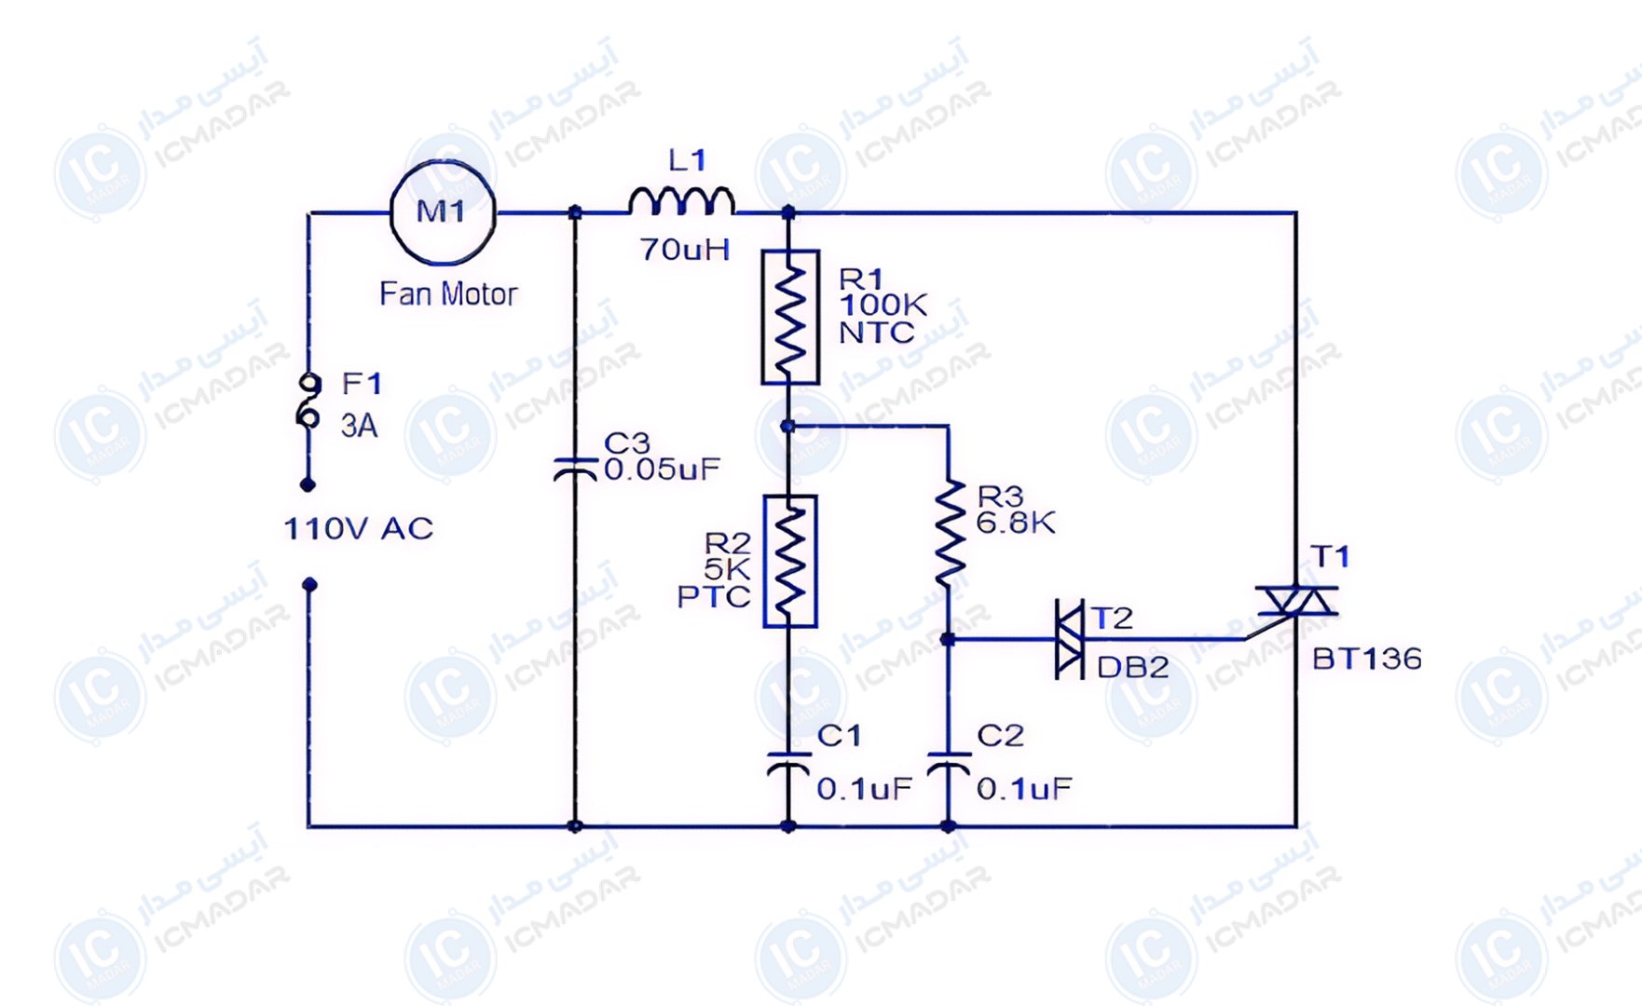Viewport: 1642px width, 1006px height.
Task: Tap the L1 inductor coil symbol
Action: pyautogui.click(x=681, y=202)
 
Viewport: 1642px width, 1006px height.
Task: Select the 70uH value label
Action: pyautogui.click(x=685, y=250)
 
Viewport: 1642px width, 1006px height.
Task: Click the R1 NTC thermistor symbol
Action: pyautogui.click(x=790, y=317)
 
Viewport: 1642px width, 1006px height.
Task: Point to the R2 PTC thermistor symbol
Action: pyautogui.click(x=790, y=562)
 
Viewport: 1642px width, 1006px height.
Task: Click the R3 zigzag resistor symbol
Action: pyautogui.click(x=950, y=533)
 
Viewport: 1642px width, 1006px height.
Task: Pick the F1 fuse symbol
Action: pyautogui.click(x=308, y=401)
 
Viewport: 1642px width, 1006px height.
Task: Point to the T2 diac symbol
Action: pyautogui.click(x=1069, y=639)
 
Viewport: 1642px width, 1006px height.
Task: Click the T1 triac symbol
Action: pyautogui.click(x=1296, y=602)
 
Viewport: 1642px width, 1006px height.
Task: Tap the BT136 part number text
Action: pyautogui.click(x=1367, y=659)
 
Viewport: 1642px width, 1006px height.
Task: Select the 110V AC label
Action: pyautogui.click(x=359, y=529)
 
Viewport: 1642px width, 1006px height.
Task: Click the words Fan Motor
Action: pyautogui.click(x=448, y=294)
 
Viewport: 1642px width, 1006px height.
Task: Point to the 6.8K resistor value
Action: pyautogui.click(x=1016, y=523)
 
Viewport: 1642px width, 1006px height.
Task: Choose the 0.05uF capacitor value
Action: pyautogui.click(x=663, y=469)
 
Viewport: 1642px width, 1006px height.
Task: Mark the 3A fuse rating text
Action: pyautogui.click(x=359, y=426)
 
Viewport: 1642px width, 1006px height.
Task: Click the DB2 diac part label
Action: pyautogui.click(x=1132, y=668)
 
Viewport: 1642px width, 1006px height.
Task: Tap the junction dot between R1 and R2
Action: pyautogui.click(x=788, y=427)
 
